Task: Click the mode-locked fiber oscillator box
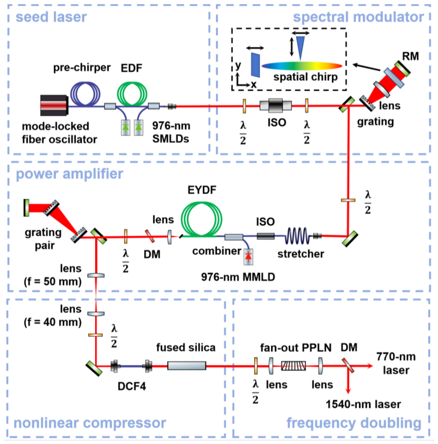click(54, 106)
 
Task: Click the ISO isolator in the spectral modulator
click(276, 106)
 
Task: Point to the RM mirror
click(403, 69)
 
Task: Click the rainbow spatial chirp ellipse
click(302, 66)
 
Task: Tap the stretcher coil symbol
click(297, 236)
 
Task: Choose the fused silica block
click(186, 366)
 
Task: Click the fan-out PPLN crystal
click(293, 366)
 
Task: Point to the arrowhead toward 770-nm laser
click(370, 366)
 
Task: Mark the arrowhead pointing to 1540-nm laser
click(348, 391)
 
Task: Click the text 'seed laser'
click(51, 17)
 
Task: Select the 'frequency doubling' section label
click(354, 423)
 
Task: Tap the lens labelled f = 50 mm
click(96, 275)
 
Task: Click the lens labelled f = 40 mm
click(96, 313)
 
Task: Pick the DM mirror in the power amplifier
click(150, 236)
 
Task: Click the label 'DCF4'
click(132, 386)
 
